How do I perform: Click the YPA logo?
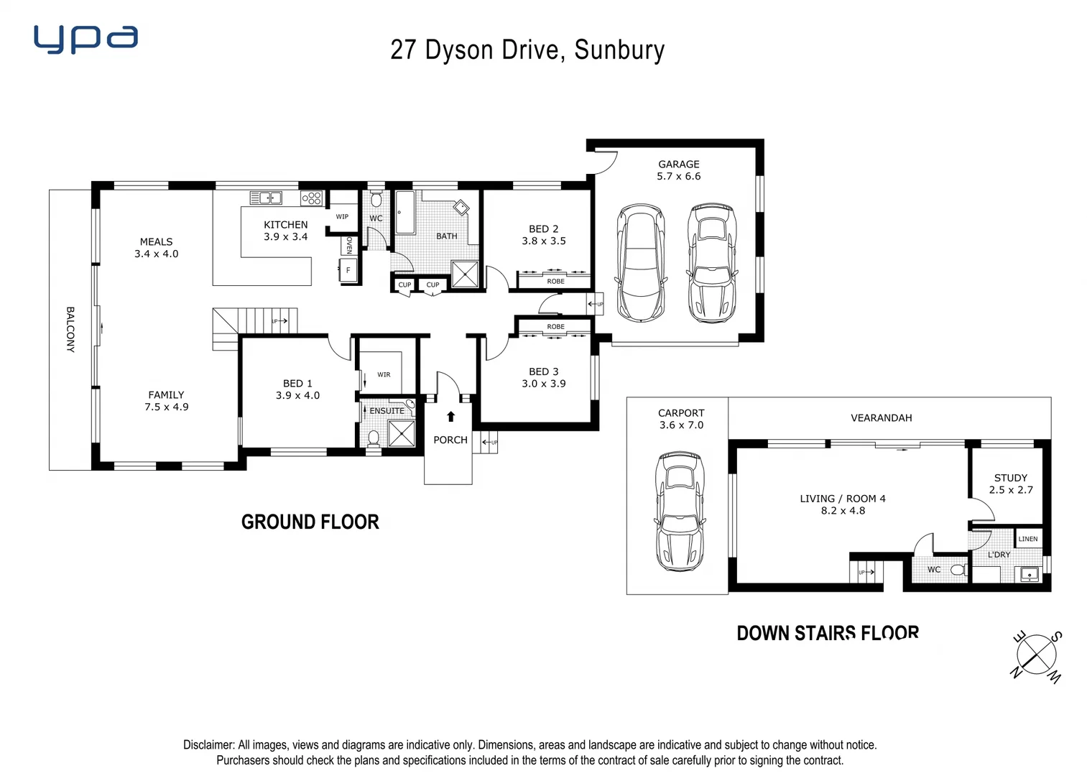click(x=85, y=40)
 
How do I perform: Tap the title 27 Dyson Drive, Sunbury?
click(x=527, y=50)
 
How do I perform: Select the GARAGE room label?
click(x=678, y=164)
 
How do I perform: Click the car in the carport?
click(x=679, y=512)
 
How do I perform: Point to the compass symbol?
click(x=1036, y=655)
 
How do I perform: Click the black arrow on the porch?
click(x=450, y=416)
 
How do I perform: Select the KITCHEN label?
click(x=285, y=225)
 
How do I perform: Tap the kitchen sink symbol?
click(x=265, y=198)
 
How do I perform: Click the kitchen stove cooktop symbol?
click(x=311, y=198)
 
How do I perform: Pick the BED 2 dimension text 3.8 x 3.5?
click(x=543, y=241)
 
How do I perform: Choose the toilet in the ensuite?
click(x=374, y=438)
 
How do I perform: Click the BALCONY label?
click(x=70, y=329)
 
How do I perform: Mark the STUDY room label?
click(x=1010, y=478)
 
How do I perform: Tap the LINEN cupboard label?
click(x=1027, y=539)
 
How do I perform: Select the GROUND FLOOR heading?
click(x=310, y=522)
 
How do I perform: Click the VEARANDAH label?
click(x=881, y=417)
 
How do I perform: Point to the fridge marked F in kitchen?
click(x=348, y=271)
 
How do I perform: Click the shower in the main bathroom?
click(x=465, y=274)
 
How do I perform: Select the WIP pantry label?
click(x=342, y=216)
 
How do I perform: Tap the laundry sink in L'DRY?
click(x=1029, y=574)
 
